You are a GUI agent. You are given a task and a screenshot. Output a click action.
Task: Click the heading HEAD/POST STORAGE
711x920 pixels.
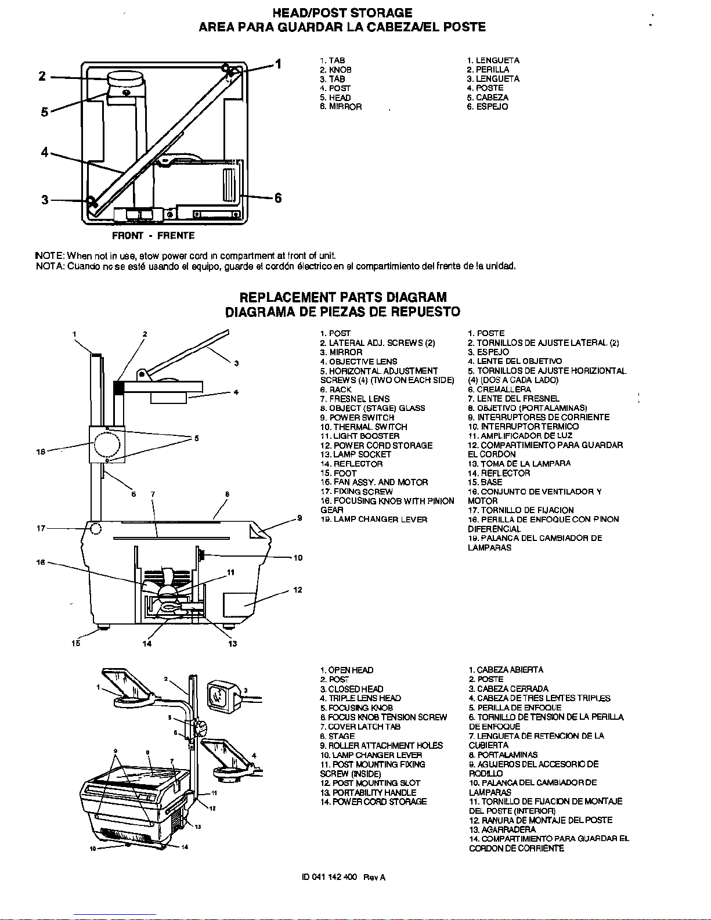pos(342,13)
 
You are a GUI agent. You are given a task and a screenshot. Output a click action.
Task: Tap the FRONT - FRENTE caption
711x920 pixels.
pos(153,236)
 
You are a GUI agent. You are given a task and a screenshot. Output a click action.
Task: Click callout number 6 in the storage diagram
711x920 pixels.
pos(278,199)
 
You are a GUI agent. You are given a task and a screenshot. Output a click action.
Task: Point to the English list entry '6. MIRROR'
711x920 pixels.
pos(341,107)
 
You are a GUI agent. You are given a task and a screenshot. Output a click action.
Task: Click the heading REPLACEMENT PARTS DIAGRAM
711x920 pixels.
pos(343,298)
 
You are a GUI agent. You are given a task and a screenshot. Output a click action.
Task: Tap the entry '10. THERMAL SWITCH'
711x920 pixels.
pos(363,427)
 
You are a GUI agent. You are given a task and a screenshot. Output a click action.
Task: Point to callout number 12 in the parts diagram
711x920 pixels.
pos(298,590)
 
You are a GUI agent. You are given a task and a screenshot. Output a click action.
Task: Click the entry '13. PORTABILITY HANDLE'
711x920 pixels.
pos(368,792)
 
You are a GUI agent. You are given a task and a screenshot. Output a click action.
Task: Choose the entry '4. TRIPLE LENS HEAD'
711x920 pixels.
pos(360,698)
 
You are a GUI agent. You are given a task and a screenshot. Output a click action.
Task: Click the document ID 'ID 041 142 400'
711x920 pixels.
pos(329,877)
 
